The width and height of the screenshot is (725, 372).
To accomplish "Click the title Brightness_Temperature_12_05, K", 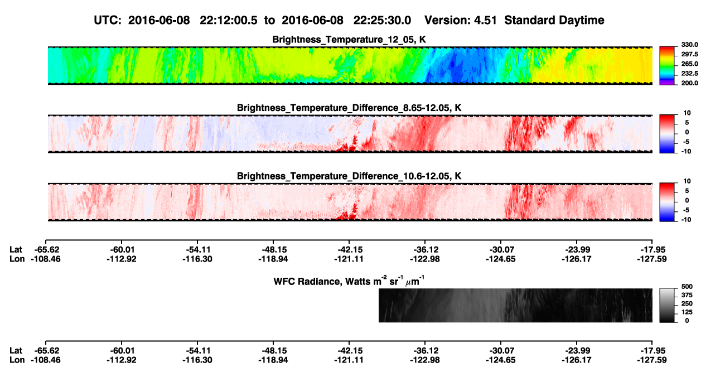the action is [x=349, y=40].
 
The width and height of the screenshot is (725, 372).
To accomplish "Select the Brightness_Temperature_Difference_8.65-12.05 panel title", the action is [x=349, y=108].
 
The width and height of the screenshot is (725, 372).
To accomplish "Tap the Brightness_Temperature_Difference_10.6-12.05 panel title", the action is [x=349, y=176].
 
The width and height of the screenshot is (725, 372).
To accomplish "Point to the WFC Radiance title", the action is [x=349, y=281].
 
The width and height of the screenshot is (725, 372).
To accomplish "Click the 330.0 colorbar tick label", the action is [x=689, y=45].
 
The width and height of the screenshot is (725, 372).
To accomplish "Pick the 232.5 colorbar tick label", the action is [x=689, y=74].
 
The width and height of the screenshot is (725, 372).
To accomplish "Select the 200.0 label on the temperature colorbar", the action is [x=689, y=83].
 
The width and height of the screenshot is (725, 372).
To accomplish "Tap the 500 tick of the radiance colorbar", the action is [x=687, y=287].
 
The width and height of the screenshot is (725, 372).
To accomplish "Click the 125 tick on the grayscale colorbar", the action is [x=687, y=312].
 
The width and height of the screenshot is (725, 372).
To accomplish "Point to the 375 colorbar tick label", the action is [x=687, y=295].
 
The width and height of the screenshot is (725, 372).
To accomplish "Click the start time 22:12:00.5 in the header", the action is [x=229, y=20].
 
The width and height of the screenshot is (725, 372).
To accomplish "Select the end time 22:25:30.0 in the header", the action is [x=382, y=20].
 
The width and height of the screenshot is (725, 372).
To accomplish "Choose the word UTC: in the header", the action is [x=108, y=20].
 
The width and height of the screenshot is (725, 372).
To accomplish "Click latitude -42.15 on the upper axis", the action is [x=349, y=250].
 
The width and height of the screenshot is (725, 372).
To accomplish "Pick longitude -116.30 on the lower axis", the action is [x=197, y=360].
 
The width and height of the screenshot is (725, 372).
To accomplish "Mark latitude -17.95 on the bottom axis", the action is [x=652, y=351].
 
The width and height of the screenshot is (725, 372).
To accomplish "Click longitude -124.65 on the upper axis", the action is [x=500, y=259].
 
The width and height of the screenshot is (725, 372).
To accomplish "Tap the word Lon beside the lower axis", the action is [x=17, y=360].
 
